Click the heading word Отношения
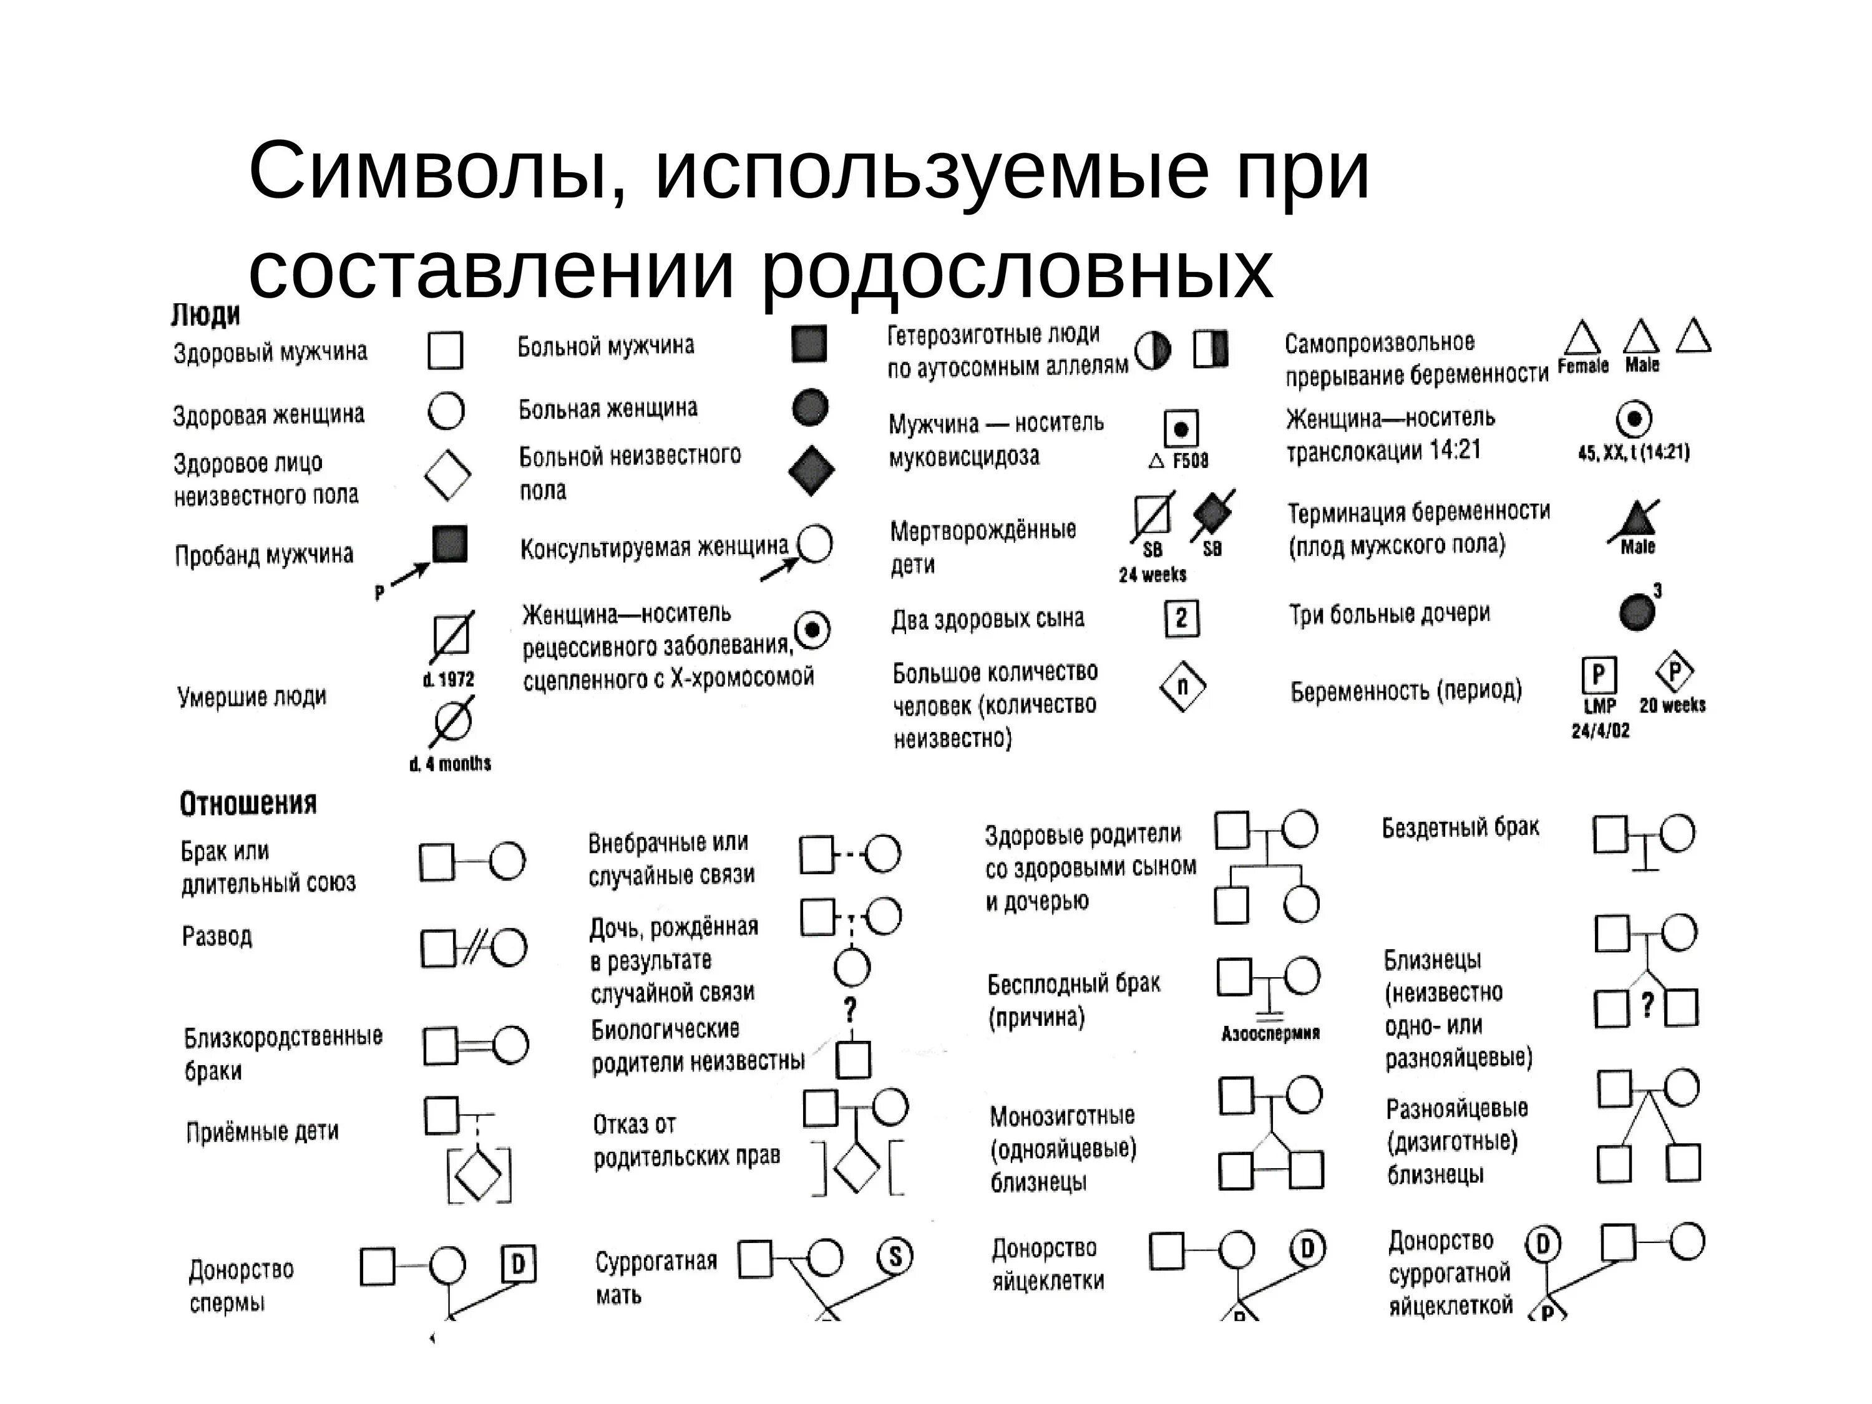tap(248, 803)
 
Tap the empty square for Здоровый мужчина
tap(445, 350)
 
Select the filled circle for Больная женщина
tap(810, 407)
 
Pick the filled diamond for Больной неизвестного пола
tap(811, 470)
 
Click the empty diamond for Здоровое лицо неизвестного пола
tap(447, 475)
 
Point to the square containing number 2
tap(1181, 618)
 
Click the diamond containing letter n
tap(1182, 686)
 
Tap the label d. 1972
tap(449, 680)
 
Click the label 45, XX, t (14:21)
tap(1634, 453)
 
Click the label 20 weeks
tap(1672, 705)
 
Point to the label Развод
tap(217, 936)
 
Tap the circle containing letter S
tap(895, 1256)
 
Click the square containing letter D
tap(518, 1264)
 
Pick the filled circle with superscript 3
tap(1637, 611)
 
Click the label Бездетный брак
tap(1460, 827)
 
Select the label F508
tap(1190, 461)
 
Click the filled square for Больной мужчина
tap(809, 344)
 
